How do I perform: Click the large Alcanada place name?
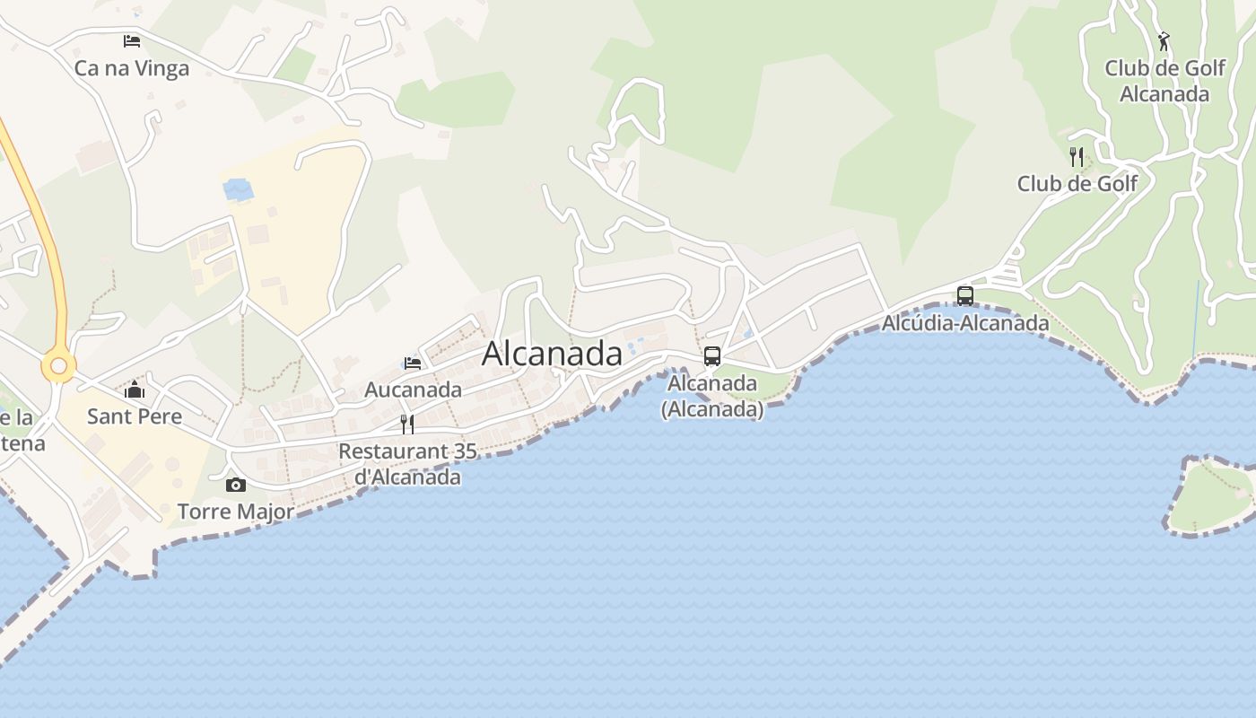coord(552,354)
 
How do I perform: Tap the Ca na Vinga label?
coord(132,69)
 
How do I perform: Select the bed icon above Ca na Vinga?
coord(132,40)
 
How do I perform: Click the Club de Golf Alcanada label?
coord(1164,81)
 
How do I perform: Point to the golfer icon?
coord(1164,40)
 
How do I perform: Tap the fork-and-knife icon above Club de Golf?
coord(1077,156)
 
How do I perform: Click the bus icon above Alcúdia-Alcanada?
coord(965,295)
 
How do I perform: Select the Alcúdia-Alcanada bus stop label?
coord(965,323)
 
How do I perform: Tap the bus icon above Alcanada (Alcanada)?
coord(712,355)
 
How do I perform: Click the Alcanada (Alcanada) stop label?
coord(712,396)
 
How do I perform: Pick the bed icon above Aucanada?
coord(413,363)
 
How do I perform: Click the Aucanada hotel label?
coord(413,390)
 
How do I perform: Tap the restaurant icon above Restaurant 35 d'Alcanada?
coord(407,424)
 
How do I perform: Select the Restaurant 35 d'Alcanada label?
coord(407,464)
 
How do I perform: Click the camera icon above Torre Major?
coord(236,485)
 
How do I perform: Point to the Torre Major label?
coord(236,512)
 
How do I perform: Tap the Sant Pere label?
coord(135,416)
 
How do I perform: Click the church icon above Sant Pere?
coord(135,390)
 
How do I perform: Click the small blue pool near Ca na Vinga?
coord(239,189)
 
